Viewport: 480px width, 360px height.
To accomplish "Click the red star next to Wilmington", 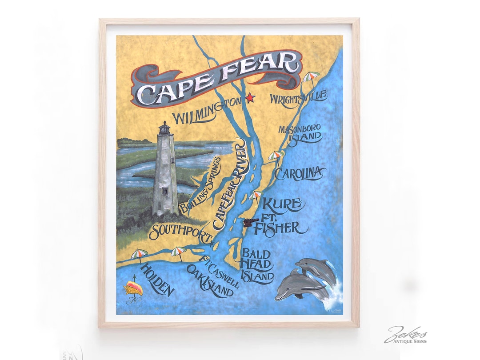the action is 249,97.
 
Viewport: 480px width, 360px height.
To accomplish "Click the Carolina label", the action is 299,173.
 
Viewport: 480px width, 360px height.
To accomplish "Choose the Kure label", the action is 284,205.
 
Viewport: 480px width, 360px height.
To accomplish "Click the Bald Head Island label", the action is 256,265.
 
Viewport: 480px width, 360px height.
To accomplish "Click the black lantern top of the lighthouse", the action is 165,128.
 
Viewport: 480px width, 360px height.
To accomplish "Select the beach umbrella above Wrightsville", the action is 311,77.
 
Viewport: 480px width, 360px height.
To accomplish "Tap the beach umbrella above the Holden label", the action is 139,254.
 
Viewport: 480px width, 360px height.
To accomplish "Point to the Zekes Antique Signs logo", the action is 405,334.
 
